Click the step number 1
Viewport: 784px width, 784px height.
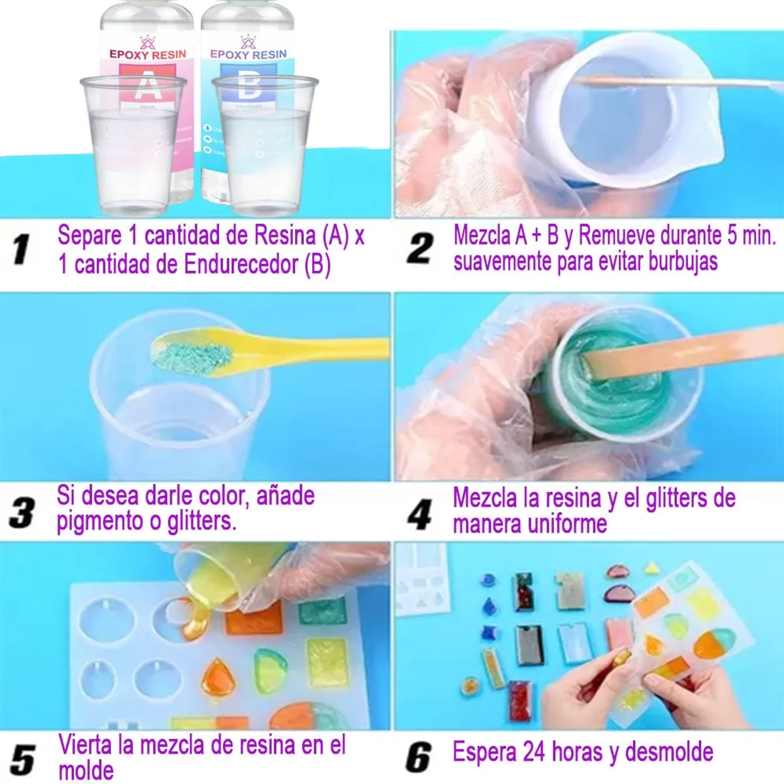pos(22,249)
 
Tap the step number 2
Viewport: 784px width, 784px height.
pos(419,249)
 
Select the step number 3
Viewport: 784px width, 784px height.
pos(22,512)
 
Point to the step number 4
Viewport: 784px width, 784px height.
pos(419,514)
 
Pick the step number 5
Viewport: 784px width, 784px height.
pos(23,760)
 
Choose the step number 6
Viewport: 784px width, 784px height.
pos(418,758)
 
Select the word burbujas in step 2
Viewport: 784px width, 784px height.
pos(683,261)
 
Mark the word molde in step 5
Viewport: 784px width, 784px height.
pos(86,771)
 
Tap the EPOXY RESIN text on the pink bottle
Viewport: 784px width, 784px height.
pos(148,54)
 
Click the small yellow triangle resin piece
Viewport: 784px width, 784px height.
pos(651,568)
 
